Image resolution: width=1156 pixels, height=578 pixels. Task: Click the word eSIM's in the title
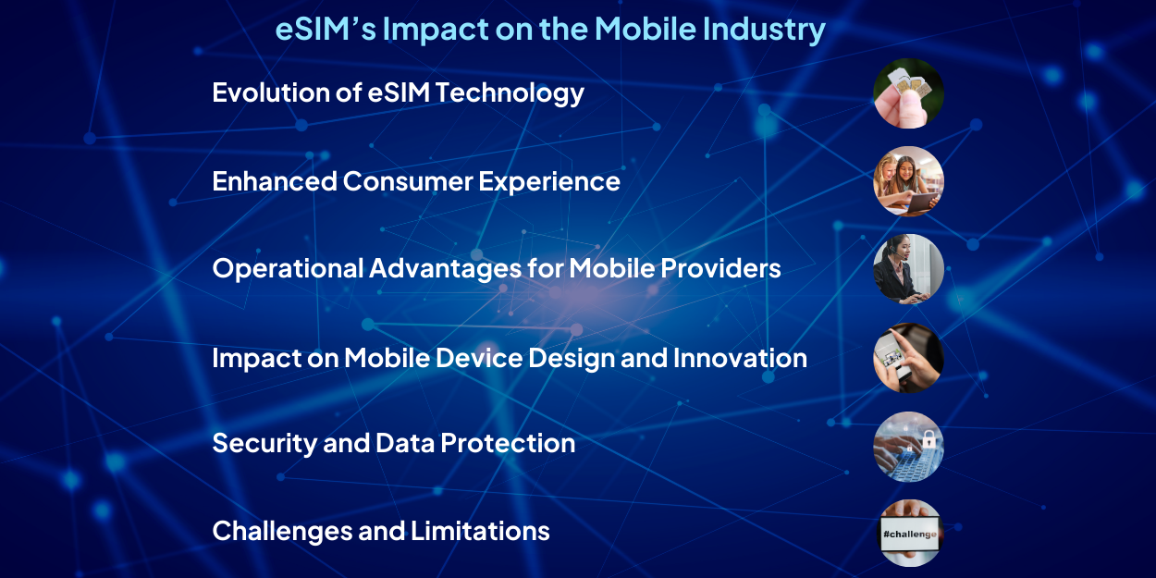(x=326, y=29)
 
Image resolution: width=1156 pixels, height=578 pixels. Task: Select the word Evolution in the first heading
(x=272, y=92)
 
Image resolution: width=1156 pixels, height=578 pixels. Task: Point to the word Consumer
(x=408, y=181)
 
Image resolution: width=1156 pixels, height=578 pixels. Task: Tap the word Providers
(x=720, y=269)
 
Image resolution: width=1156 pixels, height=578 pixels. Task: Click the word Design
(x=572, y=359)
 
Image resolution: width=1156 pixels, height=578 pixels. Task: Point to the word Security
(x=264, y=444)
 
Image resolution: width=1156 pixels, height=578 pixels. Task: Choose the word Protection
(x=508, y=443)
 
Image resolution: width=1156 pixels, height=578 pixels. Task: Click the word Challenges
(x=282, y=532)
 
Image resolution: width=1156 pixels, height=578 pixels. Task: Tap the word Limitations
(x=480, y=531)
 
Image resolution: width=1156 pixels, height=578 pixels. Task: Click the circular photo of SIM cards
(x=908, y=93)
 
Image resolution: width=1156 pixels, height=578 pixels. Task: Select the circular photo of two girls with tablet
(x=908, y=181)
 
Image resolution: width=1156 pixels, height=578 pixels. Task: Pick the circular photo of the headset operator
(x=908, y=269)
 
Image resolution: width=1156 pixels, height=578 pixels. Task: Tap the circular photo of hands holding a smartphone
(x=908, y=358)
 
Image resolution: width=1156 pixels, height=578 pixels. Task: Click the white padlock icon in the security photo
(x=928, y=439)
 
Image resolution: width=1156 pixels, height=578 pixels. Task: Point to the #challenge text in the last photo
(x=909, y=534)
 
